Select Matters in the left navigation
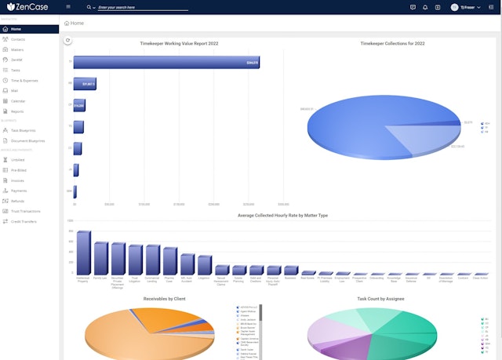tap(17, 49)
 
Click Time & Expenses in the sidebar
tap(24, 80)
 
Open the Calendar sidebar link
tap(18, 101)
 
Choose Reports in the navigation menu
tap(17, 111)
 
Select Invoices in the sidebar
tap(17, 180)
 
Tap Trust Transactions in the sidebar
tap(26, 211)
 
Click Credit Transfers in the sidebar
tap(24, 221)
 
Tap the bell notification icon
tap(436, 7)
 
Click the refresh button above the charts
tap(68, 40)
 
